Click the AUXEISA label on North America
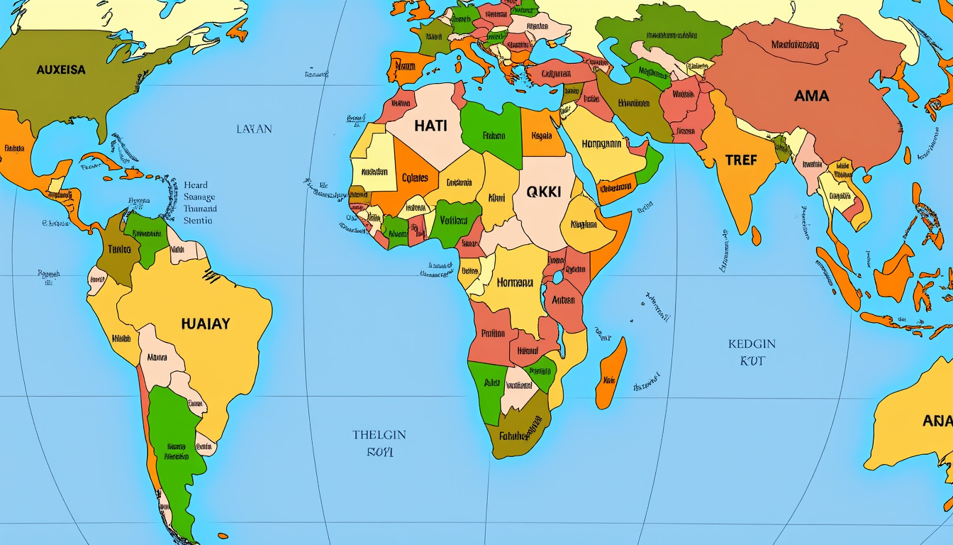coord(61,70)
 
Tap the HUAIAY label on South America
coord(206,324)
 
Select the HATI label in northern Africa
coord(431,126)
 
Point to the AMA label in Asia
coord(811,95)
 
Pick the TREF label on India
coord(741,160)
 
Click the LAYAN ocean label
coord(254,129)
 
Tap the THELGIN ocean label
coord(379,434)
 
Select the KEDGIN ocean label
coord(752,343)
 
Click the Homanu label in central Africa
coord(514,282)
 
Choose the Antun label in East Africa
coord(563,300)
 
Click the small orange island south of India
coord(757,236)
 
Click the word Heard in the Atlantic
coord(195,185)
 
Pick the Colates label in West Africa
coord(415,178)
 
